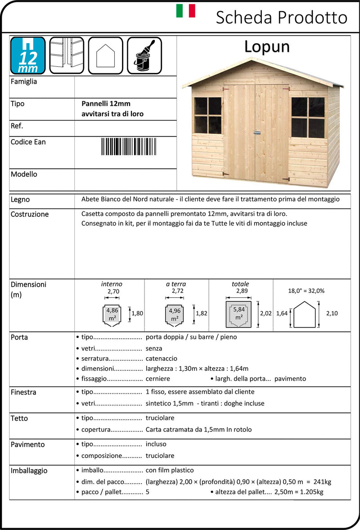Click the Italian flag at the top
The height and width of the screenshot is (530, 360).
[185, 11]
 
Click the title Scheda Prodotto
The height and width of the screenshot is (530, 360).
[281, 18]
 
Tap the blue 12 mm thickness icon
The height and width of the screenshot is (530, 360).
[27, 55]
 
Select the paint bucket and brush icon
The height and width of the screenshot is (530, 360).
[144, 55]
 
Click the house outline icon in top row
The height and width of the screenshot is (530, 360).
[106, 55]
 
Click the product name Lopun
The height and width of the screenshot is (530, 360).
[267, 47]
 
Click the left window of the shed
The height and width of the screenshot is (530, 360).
[207, 115]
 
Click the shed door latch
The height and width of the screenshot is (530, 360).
[256, 133]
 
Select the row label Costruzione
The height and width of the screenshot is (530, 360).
[30, 214]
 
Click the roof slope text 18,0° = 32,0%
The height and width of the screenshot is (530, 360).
[306, 291]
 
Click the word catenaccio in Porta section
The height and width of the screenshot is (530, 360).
[161, 359]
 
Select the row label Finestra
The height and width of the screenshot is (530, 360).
[23, 392]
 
